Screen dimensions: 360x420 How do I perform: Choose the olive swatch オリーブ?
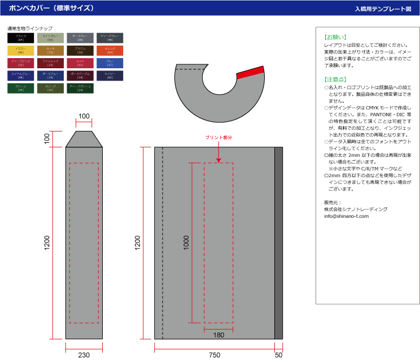[x=50, y=88]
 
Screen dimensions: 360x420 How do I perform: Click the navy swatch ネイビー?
[x=110, y=75]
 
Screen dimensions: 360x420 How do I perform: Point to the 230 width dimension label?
[x=84, y=355]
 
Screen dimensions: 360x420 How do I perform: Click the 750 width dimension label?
[x=215, y=355]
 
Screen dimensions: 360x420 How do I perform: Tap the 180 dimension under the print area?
[x=218, y=335]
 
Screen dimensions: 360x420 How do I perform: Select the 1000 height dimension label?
[x=187, y=243]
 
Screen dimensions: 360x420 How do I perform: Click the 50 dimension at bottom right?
[x=278, y=355]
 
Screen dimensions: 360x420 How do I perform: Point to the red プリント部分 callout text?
[x=218, y=137]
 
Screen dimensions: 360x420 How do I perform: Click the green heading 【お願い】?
[x=335, y=37]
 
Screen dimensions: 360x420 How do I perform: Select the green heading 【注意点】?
[x=335, y=80]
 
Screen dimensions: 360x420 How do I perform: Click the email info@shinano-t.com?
[x=346, y=216]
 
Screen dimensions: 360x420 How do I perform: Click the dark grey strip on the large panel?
[x=278, y=243]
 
